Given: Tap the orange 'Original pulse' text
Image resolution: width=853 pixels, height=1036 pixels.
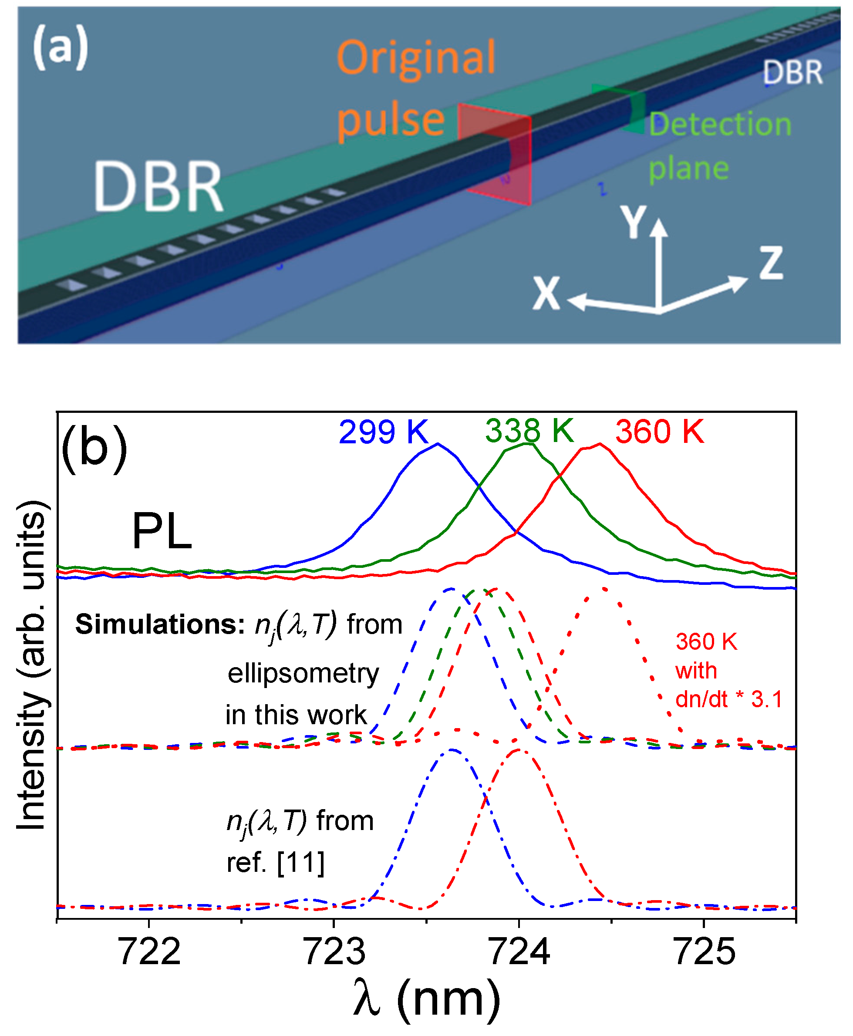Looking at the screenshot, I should coord(416,88).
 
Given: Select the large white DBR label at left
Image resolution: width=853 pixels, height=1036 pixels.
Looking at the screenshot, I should coord(158,188).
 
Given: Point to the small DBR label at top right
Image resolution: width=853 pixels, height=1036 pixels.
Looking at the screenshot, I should coord(792,72).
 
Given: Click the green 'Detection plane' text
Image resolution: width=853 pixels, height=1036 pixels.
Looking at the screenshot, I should coord(719,145).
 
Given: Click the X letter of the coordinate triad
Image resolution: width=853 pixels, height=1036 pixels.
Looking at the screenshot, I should coord(546,294).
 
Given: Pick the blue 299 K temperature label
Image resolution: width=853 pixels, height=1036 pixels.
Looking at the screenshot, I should coord(383,432).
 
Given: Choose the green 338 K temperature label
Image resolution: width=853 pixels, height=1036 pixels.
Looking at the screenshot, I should coord(529,431).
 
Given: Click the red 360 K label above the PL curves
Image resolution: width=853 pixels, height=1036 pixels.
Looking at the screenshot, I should coord(659,432).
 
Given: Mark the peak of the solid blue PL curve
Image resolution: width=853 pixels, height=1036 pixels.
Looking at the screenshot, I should coord(437,444).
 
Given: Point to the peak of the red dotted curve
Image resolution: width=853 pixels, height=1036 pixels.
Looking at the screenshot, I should coord(604,588).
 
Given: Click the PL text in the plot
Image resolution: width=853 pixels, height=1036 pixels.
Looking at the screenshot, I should coord(162,531).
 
